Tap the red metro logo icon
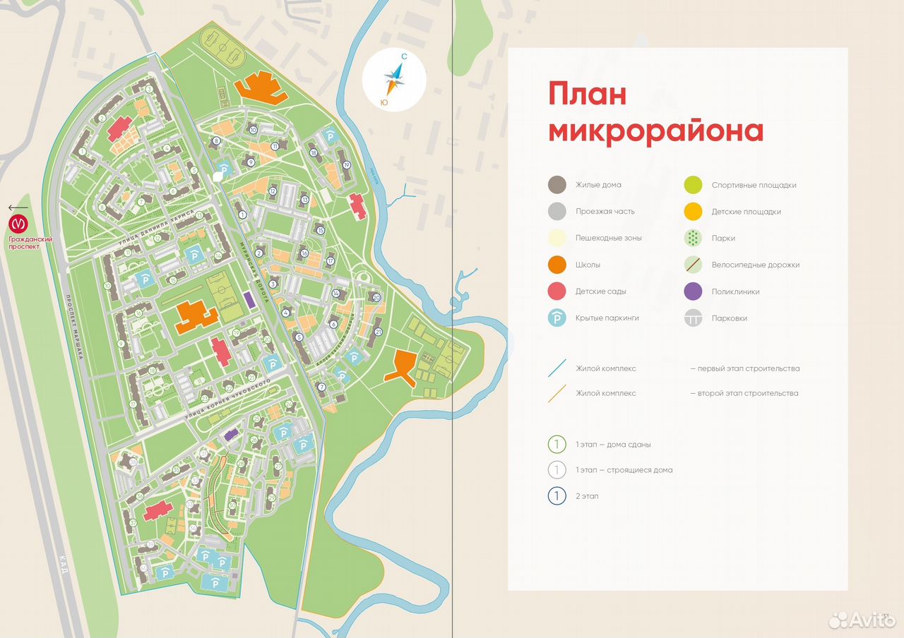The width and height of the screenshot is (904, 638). [x=18, y=224]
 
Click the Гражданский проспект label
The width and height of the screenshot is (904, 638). [x=30, y=243]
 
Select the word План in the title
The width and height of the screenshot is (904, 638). [x=588, y=93]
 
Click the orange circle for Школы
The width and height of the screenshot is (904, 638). [x=557, y=265]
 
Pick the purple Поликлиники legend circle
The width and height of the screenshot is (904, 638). [x=694, y=291]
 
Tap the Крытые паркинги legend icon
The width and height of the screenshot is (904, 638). [x=557, y=318]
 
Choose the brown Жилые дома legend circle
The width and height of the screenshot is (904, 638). [x=557, y=185]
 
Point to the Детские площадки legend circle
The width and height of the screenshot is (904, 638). [x=694, y=211]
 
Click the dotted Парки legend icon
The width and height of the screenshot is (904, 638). [x=694, y=238]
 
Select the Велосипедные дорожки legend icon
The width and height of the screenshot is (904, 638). [x=694, y=265]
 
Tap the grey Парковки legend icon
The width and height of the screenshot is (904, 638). [x=694, y=318]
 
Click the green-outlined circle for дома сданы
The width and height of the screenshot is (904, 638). [x=557, y=445]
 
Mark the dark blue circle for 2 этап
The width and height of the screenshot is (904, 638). [x=557, y=496]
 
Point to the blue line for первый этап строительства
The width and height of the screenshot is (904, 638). [x=557, y=368]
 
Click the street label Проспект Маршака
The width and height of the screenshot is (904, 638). [x=74, y=327]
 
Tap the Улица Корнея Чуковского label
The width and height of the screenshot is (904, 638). [x=229, y=395]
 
